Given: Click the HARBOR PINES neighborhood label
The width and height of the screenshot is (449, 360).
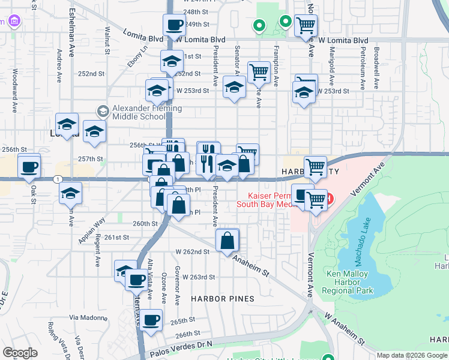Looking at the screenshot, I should click(222, 298).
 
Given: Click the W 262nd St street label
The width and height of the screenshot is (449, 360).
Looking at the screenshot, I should click(191, 252).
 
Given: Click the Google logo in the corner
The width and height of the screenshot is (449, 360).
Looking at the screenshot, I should click(20, 352).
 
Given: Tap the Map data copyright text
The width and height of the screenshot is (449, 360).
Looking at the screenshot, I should click(411, 355).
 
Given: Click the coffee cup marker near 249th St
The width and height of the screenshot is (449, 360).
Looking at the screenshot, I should click(174, 25).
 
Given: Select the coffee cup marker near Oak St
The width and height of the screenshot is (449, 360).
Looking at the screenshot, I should click(29, 166).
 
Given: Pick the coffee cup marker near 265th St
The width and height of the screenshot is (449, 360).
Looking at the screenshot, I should click(151, 320).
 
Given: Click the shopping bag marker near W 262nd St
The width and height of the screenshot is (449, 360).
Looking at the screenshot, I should click(228, 241).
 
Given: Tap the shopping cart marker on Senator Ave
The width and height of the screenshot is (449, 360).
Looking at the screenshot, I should click(259, 72).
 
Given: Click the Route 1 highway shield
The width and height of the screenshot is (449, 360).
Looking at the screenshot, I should click(57, 179).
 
